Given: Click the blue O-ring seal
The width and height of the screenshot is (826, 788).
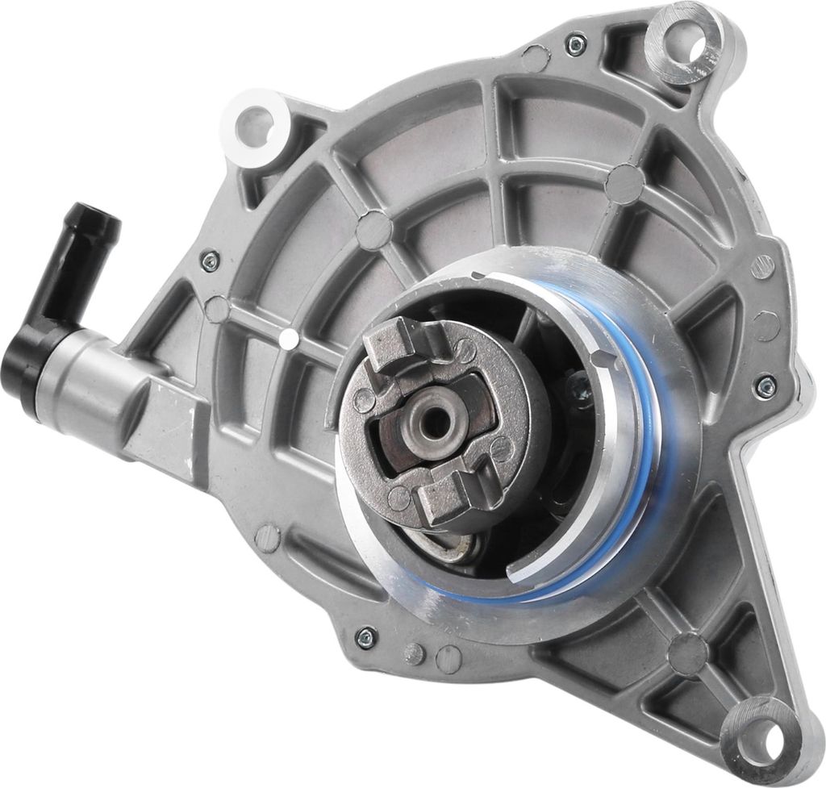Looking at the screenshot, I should click(645, 452).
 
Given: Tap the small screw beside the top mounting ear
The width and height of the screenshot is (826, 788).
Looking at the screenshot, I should click(575, 45).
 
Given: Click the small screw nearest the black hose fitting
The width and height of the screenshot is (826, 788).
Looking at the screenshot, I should click(210, 259).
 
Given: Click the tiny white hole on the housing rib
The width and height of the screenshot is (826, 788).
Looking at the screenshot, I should click(288, 339).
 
